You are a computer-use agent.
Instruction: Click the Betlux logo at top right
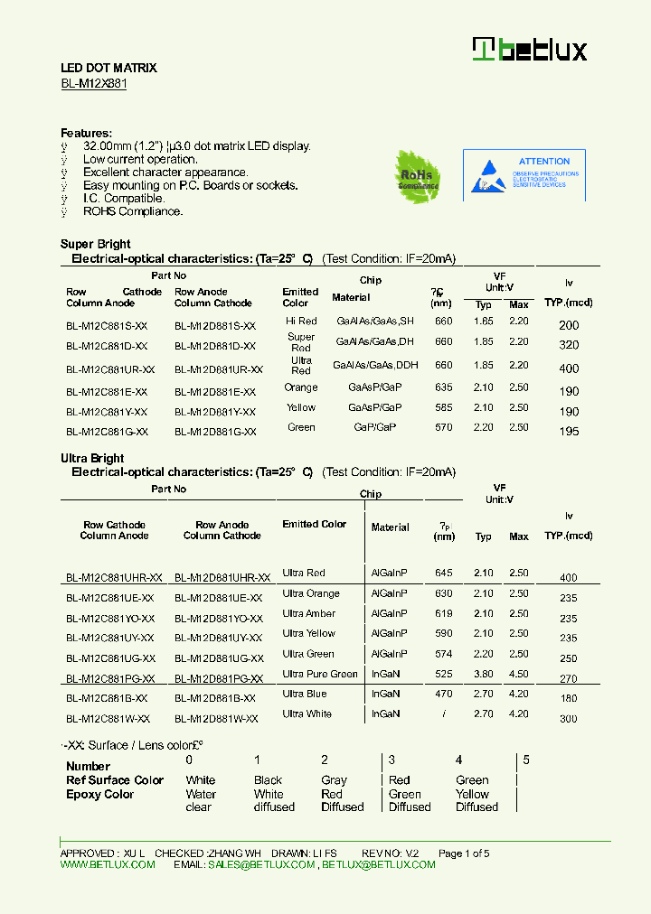[x=530, y=50]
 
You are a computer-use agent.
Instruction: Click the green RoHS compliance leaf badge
[x=417, y=176]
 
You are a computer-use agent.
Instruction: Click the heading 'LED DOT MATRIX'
[x=108, y=68]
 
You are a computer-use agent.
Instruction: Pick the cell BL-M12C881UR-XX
[x=110, y=369]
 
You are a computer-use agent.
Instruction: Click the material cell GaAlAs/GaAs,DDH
[x=375, y=365]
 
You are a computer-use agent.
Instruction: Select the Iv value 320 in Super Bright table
[x=568, y=345]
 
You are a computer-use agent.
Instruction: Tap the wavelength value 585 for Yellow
[x=443, y=407]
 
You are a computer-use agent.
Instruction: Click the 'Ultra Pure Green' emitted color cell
[x=320, y=674]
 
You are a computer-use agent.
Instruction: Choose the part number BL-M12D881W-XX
[x=216, y=719]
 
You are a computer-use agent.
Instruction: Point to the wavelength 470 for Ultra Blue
[x=443, y=694]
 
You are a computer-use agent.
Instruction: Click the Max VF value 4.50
[x=518, y=674]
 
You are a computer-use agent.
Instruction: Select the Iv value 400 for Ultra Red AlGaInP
[x=568, y=578]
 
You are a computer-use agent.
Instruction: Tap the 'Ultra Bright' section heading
[x=92, y=458]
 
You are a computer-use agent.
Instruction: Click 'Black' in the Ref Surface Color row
[x=268, y=780]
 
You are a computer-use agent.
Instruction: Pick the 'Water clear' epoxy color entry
[x=201, y=801]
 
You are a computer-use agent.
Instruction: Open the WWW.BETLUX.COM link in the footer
[x=108, y=864]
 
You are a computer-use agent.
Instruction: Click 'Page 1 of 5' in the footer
[x=464, y=853]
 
